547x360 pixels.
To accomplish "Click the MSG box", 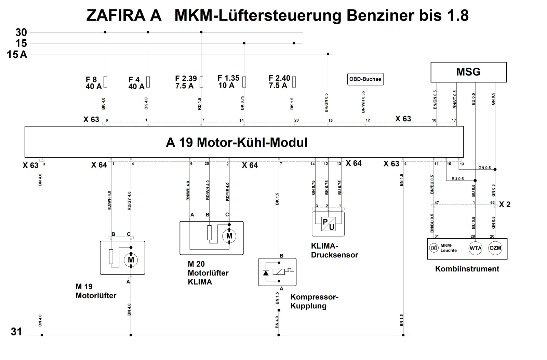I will [x=468, y=72].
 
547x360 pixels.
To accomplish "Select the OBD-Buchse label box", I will [x=365, y=79].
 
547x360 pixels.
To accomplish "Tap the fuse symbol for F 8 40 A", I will [x=105, y=82].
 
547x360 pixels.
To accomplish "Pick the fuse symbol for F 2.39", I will [x=201, y=82].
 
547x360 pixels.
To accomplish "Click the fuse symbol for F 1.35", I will [x=244, y=82].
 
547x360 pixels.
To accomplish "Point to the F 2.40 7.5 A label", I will [x=279, y=82].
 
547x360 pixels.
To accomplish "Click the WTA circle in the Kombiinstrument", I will [x=476, y=248].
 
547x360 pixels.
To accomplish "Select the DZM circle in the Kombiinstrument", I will [x=495, y=248].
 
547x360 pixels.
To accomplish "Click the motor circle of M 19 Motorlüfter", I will [x=131, y=260].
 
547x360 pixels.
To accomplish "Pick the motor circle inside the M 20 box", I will [x=229, y=236].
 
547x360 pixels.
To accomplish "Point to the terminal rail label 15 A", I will [x=17, y=54].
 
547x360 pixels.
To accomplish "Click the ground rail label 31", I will [x=16, y=332].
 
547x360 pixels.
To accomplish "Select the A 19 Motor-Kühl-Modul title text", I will [x=237, y=142].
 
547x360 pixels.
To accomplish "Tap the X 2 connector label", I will [x=505, y=204].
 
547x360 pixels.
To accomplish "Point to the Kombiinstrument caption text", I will [x=467, y=269].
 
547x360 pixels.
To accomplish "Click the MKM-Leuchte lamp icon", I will [x=434, y=248].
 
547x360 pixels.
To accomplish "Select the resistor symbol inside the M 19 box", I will [x=111, y=256].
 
